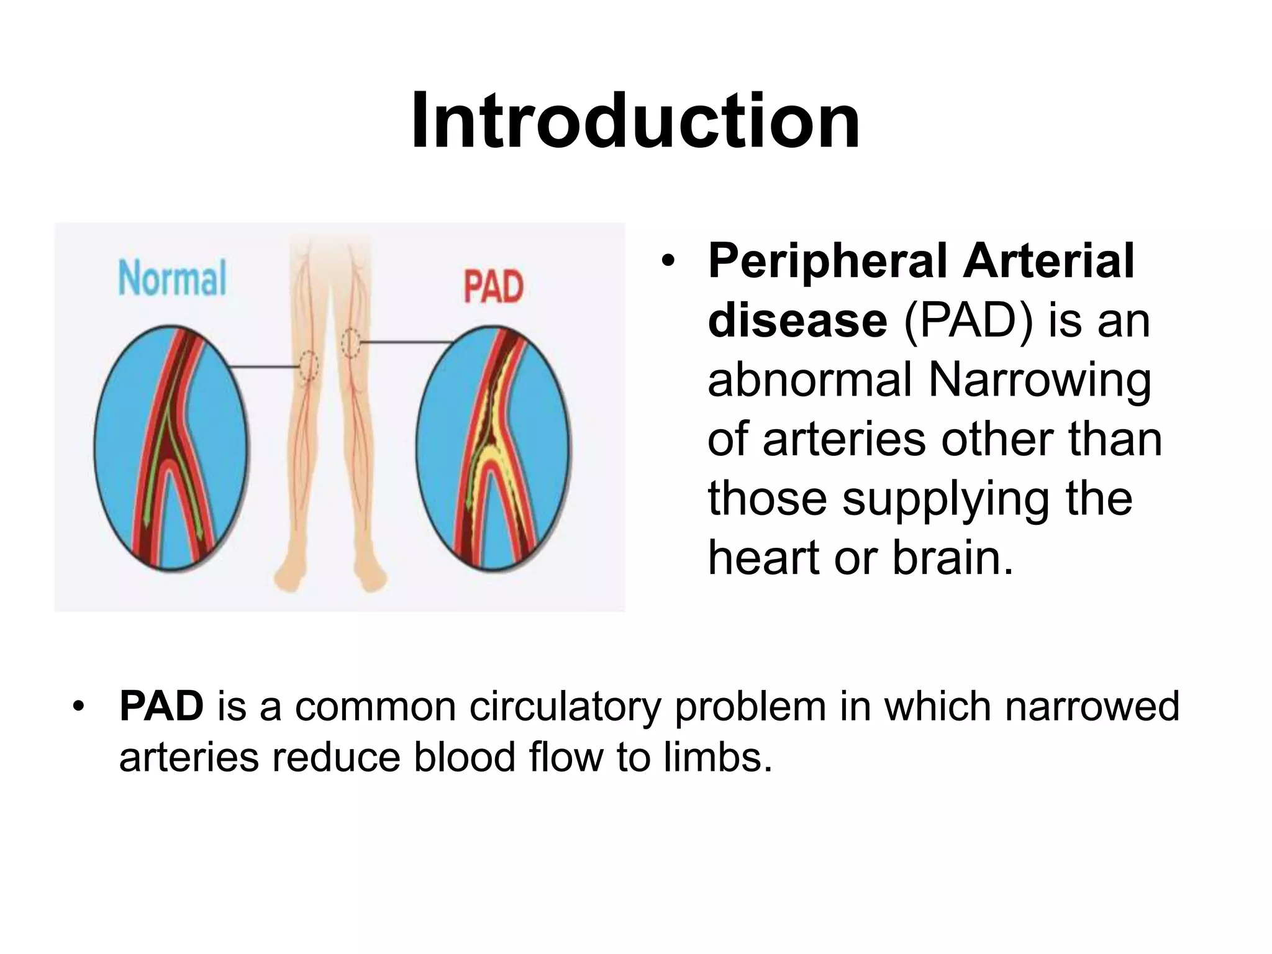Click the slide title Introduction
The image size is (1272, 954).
click(x=635, y=121)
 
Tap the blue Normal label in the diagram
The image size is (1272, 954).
click(x=172, y=279)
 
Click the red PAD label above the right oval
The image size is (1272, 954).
click(x=494, y=287)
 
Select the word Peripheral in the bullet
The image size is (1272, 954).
click(x=828, y=261)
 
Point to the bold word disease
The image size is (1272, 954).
click(x=797, y=320)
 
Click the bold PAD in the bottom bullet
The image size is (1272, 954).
click(x=161, y=707)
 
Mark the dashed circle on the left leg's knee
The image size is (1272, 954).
click(x=308, y=366)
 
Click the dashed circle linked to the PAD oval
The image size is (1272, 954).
click(x=351, y=342)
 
